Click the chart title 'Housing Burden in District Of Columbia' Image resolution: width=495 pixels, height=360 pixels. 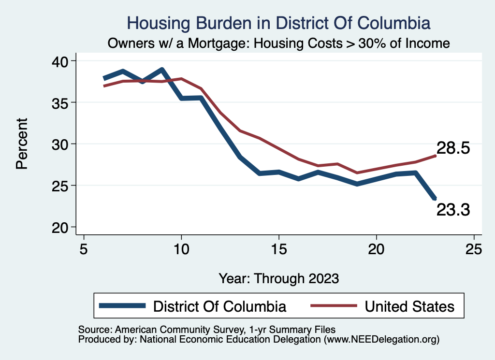click(278, 23)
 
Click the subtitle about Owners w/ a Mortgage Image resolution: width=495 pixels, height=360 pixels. click(279, 43)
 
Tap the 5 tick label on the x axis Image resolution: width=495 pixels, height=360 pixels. click(84, 249)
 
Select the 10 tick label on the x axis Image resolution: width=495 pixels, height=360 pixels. click(181, 249)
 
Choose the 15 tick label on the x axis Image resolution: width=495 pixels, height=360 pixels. click(279, 249)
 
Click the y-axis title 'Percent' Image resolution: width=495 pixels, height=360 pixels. click(22, 144)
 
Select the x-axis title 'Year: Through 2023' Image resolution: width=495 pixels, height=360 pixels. click(279, 278)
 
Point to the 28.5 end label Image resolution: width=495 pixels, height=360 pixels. click(453, 148)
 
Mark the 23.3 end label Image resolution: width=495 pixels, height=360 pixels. click(453, 210)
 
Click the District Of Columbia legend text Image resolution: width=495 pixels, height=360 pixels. click(219, 306)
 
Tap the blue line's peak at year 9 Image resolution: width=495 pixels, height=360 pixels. click(162, 70)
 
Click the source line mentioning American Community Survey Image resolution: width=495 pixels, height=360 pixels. click(206, 330)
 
